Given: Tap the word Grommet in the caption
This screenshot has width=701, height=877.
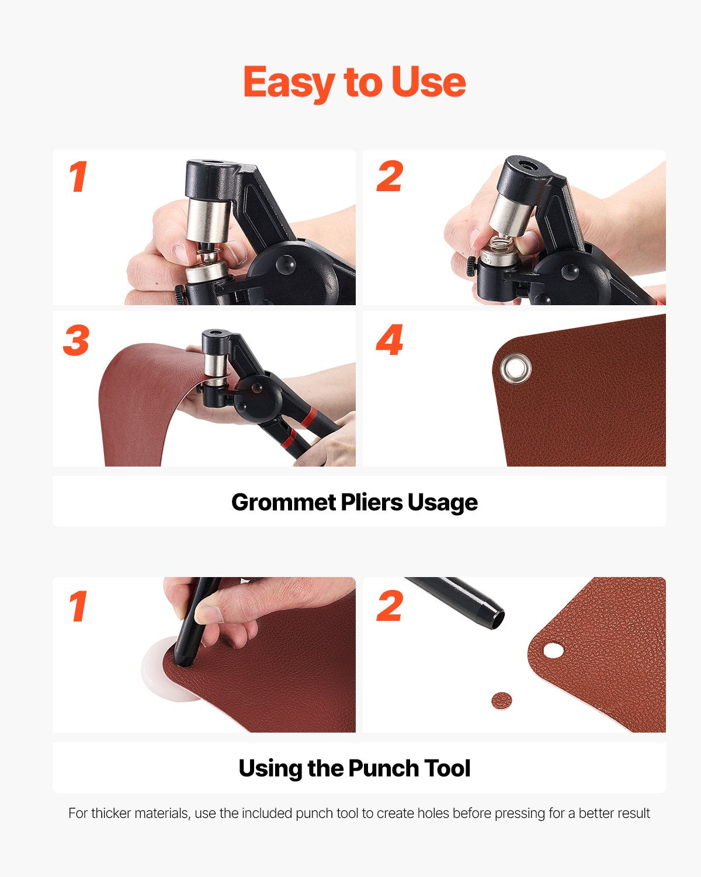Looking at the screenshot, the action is (283, 502).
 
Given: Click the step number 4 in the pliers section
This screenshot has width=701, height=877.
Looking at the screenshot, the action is (389, 340).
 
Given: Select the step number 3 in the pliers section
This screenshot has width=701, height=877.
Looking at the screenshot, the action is (76, 340).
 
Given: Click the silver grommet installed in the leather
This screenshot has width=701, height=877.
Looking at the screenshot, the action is (516, 368).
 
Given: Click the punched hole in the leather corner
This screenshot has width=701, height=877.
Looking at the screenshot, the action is (554, 650).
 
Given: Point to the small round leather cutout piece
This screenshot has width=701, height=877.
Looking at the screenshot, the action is (501, 700).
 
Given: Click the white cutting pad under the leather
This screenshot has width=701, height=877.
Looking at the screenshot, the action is (157, 668).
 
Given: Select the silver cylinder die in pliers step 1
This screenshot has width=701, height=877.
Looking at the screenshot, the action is (208, 220).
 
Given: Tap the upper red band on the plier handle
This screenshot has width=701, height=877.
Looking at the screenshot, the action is (308, 417).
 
